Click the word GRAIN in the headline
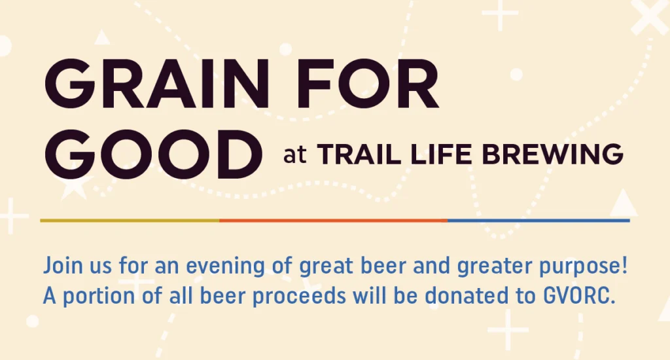click(x=157, y=84)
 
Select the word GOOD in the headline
click(x=153, y=154)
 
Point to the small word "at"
click(x=295, y=155)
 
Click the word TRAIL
click(x=359, y=154)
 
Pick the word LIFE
click(x=441, y=154)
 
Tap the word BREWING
click(x=552, y=154)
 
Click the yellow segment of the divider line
click(x=130, y=221)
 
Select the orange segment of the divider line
click(x=334, y=221)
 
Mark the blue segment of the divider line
click(x=539, y=221)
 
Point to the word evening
click(x=226, y=267)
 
